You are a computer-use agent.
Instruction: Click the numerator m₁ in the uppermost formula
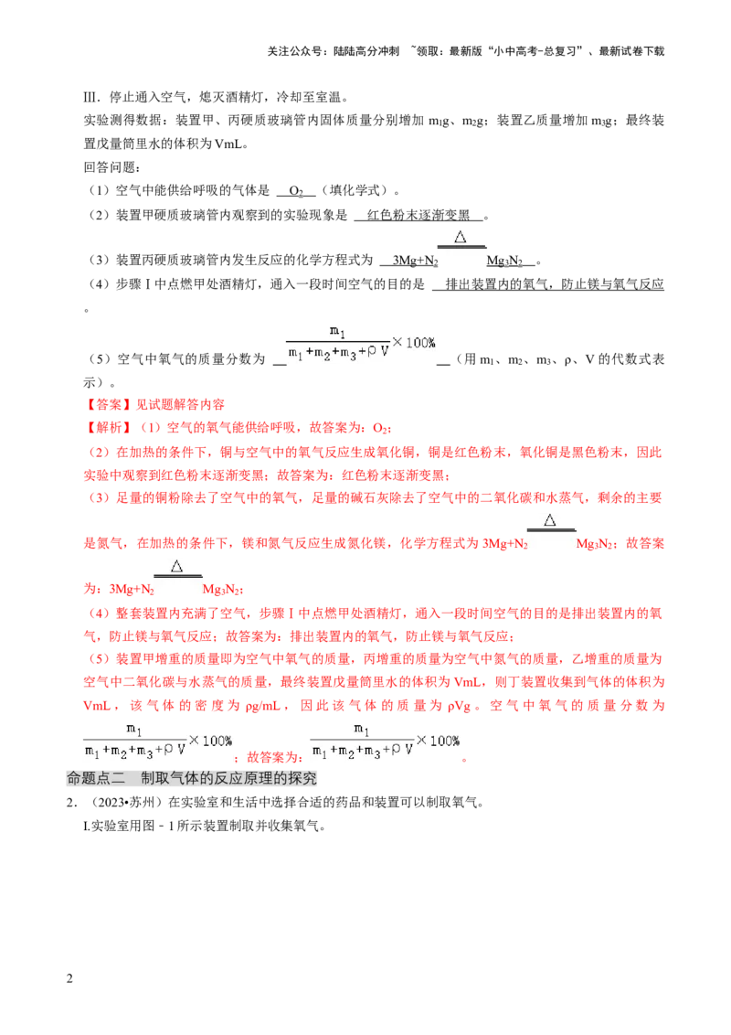pos(337,330)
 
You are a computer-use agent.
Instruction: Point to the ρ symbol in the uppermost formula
pos(373,352)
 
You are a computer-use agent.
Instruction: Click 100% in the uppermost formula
pos(421,342)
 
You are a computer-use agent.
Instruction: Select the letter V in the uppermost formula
pos(385,352)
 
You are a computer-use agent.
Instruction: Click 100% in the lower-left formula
pos(217,740)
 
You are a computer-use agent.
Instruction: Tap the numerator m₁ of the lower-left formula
pos(133,729)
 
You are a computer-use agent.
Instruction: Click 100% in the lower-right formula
pos(445,740)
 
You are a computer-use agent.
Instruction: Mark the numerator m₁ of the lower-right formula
pos(361,729)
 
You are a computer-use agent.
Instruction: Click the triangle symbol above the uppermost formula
pos(461,237)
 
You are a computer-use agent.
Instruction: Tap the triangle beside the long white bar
pos(550,520)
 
